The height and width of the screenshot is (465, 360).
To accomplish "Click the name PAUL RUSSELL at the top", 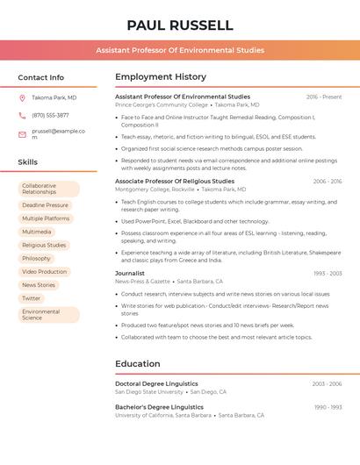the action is click(180, 25).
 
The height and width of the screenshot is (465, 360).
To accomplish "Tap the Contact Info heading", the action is click(41, 77).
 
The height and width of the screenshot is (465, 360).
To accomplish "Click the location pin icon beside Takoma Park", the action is click(22, 97).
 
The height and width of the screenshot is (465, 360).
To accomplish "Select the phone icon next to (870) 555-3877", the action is click(22, 115).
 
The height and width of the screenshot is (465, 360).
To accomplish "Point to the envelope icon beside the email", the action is click(22, 134).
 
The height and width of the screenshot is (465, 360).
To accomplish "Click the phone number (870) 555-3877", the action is click(50, 115).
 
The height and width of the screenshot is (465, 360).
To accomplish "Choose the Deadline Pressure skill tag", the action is click(45, 205).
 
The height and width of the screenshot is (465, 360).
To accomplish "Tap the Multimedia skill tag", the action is click(37, 232).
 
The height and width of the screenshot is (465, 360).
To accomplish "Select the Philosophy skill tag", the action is click(37, 259).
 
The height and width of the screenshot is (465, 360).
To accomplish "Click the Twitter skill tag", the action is click(32, 298).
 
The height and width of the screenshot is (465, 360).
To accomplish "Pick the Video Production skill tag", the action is click(45, 272).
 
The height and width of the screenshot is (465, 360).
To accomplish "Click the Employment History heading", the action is click(161, 77).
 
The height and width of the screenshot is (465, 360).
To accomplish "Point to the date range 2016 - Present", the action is click(324, 97).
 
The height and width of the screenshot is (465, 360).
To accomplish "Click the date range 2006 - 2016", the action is click(327, 181).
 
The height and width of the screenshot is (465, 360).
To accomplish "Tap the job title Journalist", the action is click(130, 273).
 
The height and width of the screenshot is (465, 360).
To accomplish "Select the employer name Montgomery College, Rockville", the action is click(155, 190).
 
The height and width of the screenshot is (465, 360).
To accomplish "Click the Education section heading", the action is click(138, 363).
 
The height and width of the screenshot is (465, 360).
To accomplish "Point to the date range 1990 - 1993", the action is click(328, 407).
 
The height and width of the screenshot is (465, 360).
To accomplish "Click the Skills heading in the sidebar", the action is click(28, 162).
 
